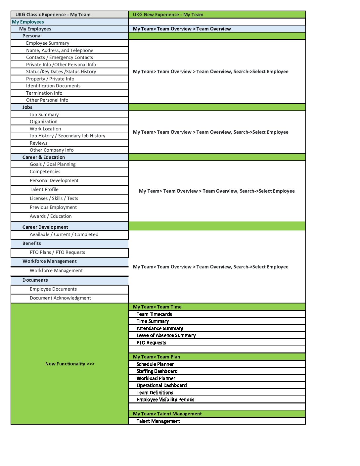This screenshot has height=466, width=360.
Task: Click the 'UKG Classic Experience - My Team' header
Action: [x=53, y=15]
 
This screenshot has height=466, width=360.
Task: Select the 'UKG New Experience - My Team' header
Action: [x=168, y=15]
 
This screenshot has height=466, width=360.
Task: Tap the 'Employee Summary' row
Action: [x=48, y=43]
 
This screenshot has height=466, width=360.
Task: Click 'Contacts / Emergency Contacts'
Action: [x=60, y=57]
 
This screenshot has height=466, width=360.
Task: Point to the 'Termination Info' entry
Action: [x=44, y=93]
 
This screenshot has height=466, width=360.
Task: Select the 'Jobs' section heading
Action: [x=27, y=107]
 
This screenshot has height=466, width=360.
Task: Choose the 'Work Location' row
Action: [x=45, y=129]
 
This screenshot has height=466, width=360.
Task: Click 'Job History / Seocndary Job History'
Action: [x=67, y=136]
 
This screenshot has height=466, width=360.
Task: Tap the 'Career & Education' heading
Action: [x=44, y=157]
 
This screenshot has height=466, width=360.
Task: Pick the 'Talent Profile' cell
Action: [x=44, y=189]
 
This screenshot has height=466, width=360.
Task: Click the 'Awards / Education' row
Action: [x=51, y=216]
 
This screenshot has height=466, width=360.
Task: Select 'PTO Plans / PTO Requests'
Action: [x=57, y=252]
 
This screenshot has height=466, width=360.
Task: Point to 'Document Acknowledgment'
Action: [x=60, y=298]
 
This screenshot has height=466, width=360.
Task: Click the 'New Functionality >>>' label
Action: [x=70, y=364]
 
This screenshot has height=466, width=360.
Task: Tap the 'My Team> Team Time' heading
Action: [x=157, y=307]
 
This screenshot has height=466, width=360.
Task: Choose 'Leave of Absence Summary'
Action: [x=166, y=335]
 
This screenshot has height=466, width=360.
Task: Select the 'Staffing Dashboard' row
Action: [x=157, y=371]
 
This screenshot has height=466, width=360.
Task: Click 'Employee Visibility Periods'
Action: [x=165, y=399]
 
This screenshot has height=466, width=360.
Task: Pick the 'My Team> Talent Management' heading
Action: [x=167, y=414]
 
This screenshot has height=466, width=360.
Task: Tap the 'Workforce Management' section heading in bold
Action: [x=50, y=261]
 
